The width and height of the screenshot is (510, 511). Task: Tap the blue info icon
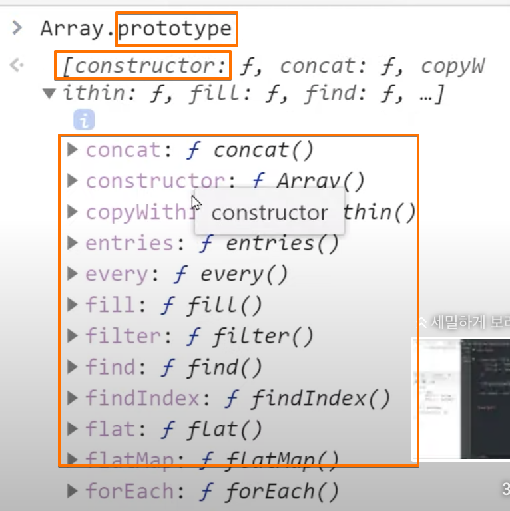point(84,120)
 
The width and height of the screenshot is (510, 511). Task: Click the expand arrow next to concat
point(73,150)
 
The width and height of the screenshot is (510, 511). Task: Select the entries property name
point(130,243)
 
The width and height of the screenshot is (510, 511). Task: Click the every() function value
point(243,274)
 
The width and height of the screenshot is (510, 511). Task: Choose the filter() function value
point(262,337)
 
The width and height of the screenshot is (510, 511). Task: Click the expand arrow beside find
point(73,367)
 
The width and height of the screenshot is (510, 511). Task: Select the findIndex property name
point(142,399)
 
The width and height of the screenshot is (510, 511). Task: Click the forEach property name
point(130,492)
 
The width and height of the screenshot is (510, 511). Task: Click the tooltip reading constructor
point(269,212)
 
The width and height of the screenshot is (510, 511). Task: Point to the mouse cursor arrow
point(196,202)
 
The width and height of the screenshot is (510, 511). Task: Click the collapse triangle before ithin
point(49,94)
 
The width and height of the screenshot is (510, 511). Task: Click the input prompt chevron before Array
point(17,29)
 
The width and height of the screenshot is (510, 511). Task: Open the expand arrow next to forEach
point(73,492)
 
